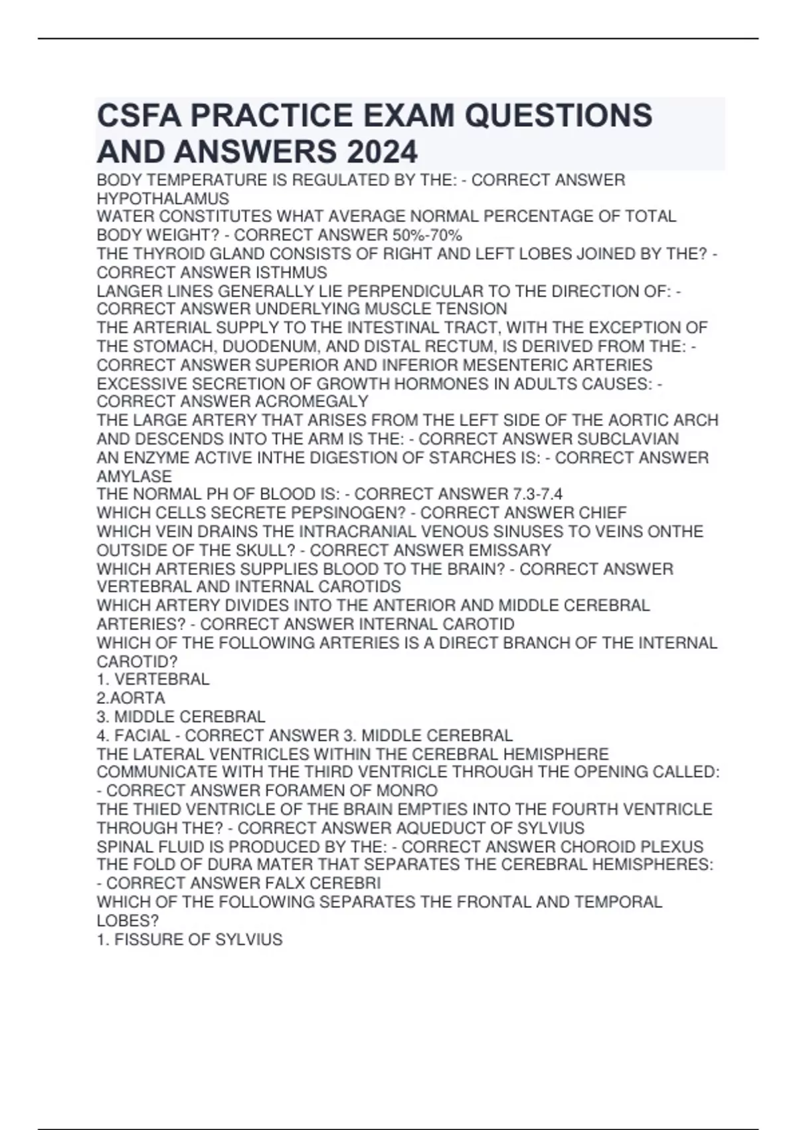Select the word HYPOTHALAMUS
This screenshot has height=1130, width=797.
pos(163,199)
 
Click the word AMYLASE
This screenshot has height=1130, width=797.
pos(134,476)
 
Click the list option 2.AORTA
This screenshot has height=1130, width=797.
pos(131,698)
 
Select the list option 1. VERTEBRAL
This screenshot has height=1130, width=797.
pos(153,679)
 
